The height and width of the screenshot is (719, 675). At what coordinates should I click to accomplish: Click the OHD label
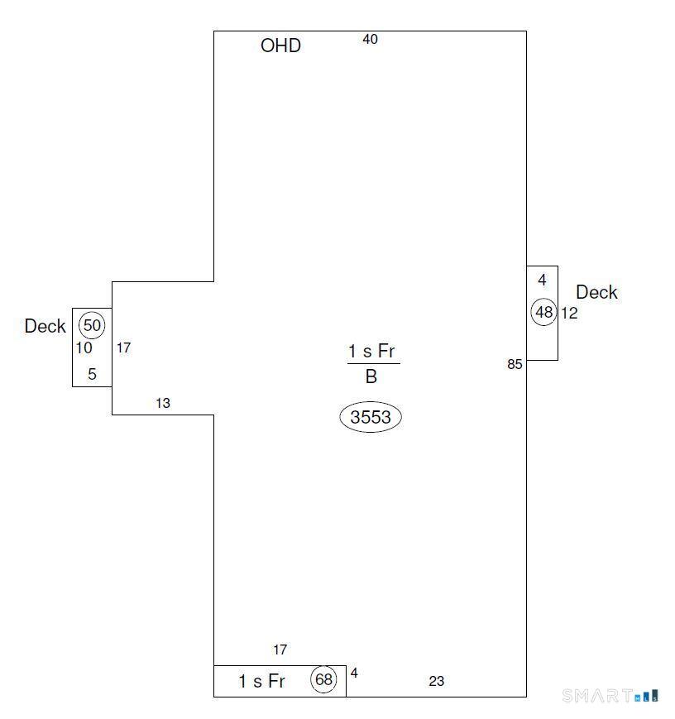point(280,46)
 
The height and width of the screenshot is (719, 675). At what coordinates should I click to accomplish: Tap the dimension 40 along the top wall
point(370,40)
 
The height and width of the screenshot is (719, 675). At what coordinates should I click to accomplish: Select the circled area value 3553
point(371,417)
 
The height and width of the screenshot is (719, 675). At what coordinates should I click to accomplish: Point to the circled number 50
point(92,325)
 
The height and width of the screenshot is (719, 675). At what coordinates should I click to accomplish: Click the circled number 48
point(543,312)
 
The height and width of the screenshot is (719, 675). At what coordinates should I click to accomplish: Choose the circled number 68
point(323,679)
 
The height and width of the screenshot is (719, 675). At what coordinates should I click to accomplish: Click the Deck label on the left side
point(45,326)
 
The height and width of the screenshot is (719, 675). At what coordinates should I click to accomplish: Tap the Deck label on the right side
point(596,292)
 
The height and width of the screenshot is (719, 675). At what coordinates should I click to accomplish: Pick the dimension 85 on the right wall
point(515,364)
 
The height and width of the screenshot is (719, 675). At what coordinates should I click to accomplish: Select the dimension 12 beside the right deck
point(569,314)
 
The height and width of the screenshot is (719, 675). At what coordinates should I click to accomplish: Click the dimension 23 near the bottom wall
point(437,681)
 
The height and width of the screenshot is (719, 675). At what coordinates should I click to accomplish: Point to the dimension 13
point(163,403)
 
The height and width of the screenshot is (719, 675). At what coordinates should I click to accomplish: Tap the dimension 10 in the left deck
point(84,348)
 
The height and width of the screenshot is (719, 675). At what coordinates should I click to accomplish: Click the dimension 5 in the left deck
point(92,374)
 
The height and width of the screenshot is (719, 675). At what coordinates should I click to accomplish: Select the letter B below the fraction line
point(371,376)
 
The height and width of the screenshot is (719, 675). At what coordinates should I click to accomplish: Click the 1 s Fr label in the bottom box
point(262,681)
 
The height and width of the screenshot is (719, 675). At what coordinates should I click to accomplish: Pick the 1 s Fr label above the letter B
point(371,352)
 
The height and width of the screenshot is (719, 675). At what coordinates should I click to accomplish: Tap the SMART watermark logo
point(610,696)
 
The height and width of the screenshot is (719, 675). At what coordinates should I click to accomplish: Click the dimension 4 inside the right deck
point(542,280)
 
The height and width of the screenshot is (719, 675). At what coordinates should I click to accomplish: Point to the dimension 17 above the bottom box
point(280,649)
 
